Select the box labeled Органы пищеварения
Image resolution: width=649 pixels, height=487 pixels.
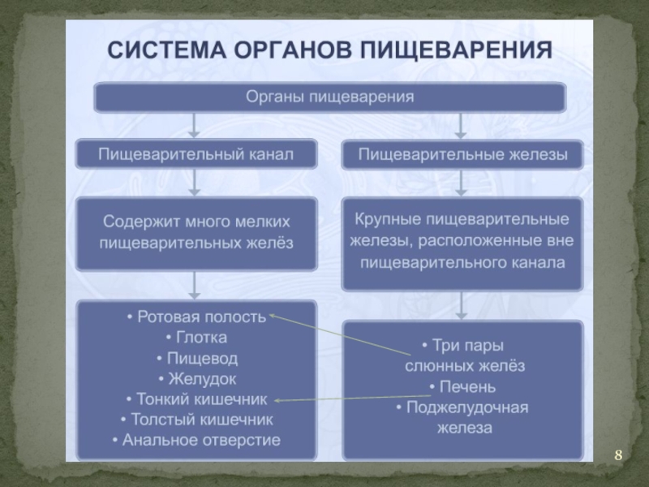(x=329, y=97)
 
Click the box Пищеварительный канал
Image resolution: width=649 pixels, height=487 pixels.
(x=196, y=153)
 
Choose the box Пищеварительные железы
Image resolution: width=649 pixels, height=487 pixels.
(x=462, y=153)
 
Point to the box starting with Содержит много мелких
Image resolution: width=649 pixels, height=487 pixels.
(x=196, y=231)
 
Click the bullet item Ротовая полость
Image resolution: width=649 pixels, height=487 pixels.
(x=196, y=317)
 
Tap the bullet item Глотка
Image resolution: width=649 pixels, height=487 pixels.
(x=196, y=337)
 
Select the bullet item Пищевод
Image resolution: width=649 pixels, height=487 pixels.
(x=196, y=358)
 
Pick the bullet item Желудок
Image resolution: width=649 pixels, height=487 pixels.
(x=196, y=378)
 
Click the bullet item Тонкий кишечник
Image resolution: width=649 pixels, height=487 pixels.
(x=196, y=399)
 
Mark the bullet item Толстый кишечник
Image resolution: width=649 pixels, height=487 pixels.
(x=196, y=420)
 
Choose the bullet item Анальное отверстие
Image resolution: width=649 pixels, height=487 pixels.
(x=196, y=441)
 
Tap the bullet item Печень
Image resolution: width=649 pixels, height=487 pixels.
(x=462, y=386)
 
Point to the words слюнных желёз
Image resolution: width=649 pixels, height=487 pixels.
(x=465, y=366)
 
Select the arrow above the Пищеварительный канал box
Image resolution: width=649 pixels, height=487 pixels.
(x=195, y=125)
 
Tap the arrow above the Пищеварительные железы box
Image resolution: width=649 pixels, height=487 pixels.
(x=462, y=125)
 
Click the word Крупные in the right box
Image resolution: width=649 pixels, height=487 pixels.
(x=385, y=220)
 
